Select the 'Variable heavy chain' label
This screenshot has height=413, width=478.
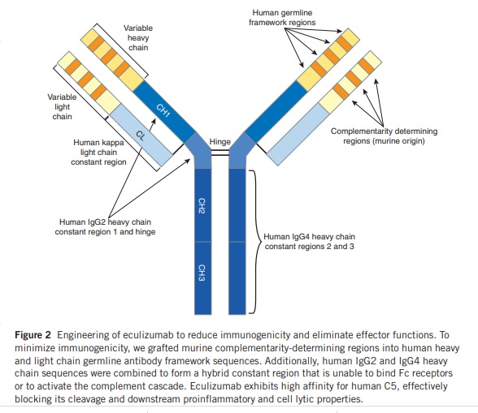pyautogui.click(x=137, y=37)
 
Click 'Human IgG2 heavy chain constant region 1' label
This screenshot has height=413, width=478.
pyautogui.click(x=105, y=226)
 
